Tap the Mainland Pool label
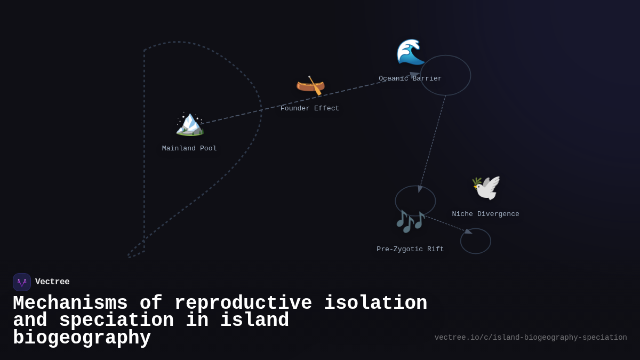pyautogui.click(x=189, y=149)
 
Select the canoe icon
pyautogui.click(x=310, y=85)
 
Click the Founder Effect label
pyautogui.click(x=310, y=109)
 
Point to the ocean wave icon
pyautogui.click(x=410, y=52)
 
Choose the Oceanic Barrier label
pyautogui.click(x=410, y=79)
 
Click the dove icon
pyautogui.click(x=486, y=188)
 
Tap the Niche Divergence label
pyautogui.click(x=485, y=214)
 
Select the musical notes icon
pyautogui.click(x=410, y=221)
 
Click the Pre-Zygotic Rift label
pyautogui.click(x=410, y=250)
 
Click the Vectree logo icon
pyautogui.click(x=22, y=282)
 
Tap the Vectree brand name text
pyautogui.click(x=52, y=282)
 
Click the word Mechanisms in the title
pyautogui.click(x=70, y=303)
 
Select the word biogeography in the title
pyautogui.click(x=82, y=338)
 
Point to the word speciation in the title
pyautogui.click(x=116, y=321)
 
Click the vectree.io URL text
pyautogui.click(x=531, y=338)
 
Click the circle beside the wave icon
pyautogui.click(x=445, y=75)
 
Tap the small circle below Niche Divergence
pyautogui.click(x=476, y=241)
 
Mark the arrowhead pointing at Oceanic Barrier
pyautogui.click(x=414, y=75)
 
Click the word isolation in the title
pyautogui.click(x=375, y=303)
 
